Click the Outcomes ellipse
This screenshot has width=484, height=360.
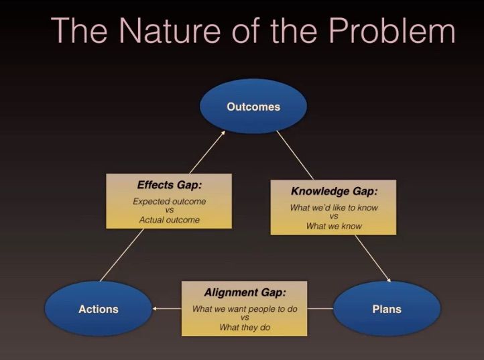pos(253,106)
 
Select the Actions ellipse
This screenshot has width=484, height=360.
pos(99,308)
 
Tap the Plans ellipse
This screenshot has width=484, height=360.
pos(387,308)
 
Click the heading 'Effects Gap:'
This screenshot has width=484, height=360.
pos(169,185)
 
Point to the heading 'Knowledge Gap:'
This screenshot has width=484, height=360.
pos(334,191)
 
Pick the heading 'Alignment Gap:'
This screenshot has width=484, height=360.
pos(245,292)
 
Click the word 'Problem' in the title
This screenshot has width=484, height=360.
pos(391,30)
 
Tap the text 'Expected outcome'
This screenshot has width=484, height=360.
pos(169,201)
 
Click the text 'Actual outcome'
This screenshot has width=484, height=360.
pos(169,220)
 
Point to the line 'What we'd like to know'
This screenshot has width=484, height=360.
pos(334,207)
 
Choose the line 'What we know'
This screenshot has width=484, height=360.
pos(334,226)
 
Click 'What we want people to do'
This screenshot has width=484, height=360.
pos(245,309)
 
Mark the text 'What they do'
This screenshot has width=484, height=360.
pos(245,327)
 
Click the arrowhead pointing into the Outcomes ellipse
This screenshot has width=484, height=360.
pos(223,133)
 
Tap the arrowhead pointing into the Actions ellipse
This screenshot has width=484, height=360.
pos(155,308)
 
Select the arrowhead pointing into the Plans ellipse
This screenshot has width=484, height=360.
pos(389,280)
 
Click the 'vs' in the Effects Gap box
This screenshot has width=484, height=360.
pos(170,211)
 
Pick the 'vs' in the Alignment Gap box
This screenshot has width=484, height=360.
pos(245,318)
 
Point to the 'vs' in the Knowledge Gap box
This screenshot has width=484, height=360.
pos(334,217)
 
